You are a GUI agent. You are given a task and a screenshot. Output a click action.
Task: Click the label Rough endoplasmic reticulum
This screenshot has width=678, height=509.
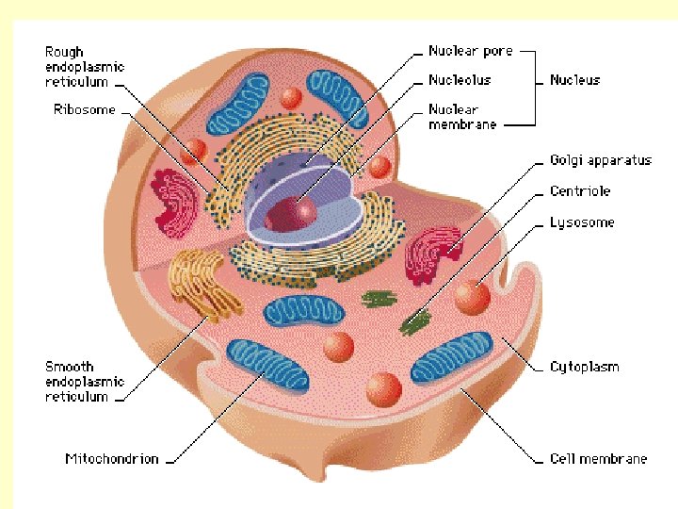coord(84,67)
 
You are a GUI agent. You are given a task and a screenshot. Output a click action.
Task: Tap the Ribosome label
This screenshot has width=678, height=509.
coord(84,109)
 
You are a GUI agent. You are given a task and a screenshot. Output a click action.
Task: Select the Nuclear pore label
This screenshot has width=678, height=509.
coord(472,51)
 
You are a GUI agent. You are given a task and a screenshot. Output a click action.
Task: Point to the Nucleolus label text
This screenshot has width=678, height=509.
coord(460,80)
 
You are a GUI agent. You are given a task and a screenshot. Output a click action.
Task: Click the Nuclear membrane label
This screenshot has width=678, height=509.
coord(461,116)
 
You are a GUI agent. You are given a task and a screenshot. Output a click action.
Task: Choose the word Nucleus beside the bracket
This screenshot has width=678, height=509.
coord(574,80)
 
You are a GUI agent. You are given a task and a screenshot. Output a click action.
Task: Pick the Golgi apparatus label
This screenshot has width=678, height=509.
coord(600,160)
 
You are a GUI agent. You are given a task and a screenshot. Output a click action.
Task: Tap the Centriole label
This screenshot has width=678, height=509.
coord(580,191)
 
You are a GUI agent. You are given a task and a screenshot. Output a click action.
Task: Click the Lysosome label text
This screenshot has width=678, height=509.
coord(581,222)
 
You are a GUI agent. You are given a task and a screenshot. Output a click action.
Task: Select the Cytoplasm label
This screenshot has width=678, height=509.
coord(584,366)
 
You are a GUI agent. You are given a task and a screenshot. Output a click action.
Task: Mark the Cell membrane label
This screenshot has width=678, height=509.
coord(598,459)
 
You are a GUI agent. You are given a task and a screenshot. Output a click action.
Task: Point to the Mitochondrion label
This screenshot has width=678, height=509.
coord(111,459)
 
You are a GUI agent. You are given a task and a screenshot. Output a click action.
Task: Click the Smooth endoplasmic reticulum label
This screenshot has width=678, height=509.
coord(84,381)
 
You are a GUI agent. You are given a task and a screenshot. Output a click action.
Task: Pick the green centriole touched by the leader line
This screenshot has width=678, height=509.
coord(412,325)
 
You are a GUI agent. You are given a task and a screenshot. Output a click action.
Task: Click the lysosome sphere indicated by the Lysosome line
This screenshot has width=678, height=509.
coord(472,297)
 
